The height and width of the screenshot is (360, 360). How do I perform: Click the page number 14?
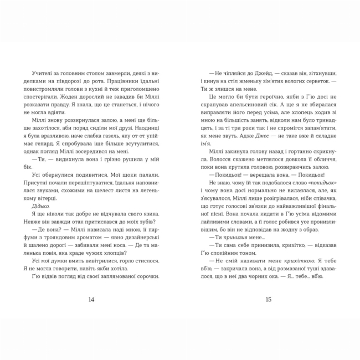tap(91, 300)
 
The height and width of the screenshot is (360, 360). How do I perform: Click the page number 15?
tap(268, 300)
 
